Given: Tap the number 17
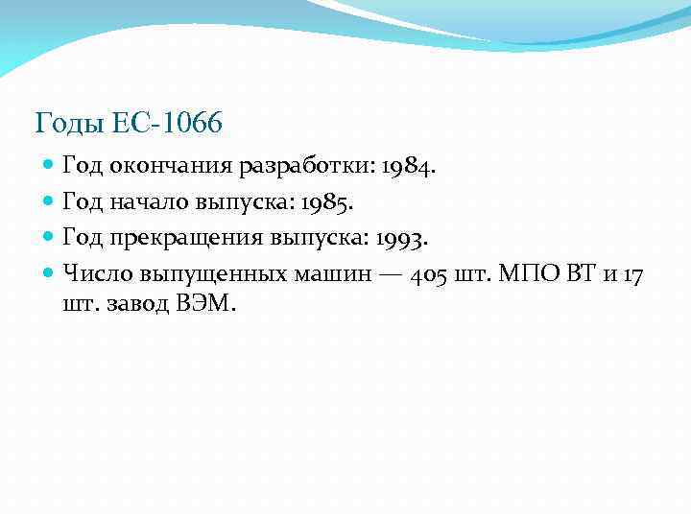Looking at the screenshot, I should [x=633, y=274].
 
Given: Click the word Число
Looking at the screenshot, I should [x=97, y=274].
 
